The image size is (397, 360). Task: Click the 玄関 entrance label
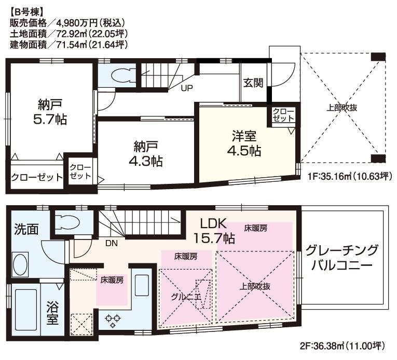[x=253, y=83]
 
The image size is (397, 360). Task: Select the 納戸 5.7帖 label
[x=49, y=111]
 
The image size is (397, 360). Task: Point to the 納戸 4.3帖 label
[x=145, y=153]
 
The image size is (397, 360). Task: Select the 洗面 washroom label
[x=26, y=229]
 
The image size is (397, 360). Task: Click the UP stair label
[x=187, y=88]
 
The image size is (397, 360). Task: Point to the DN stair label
[x=111, y=242]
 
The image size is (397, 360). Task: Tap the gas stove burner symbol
[x=112, y=319]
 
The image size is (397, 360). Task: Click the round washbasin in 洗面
[x=21, y=262]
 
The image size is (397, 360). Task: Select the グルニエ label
[x=185, y=297]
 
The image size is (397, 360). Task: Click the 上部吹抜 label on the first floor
[x=342, y=108]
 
